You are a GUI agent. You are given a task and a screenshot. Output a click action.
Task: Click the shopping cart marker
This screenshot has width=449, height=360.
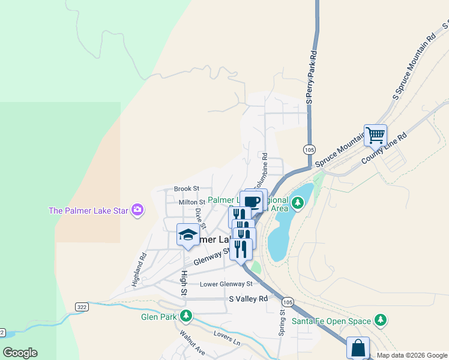(375, 135)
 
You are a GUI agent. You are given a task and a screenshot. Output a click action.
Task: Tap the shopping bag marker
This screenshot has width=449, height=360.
(358, 347)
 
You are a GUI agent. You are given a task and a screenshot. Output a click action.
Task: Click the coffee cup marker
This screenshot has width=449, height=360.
(252, 201)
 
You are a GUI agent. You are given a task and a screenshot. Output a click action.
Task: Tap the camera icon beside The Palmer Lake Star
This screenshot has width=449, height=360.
(138, 209)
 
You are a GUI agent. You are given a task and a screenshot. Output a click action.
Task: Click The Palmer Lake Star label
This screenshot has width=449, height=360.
(89, 210)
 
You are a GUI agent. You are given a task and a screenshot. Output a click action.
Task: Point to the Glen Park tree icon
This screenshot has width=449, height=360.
(187, 315)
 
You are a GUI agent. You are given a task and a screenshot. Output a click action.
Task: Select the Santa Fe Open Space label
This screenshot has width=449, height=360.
(331, 321)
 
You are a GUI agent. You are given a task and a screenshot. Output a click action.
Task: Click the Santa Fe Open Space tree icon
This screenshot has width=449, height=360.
(379, 320)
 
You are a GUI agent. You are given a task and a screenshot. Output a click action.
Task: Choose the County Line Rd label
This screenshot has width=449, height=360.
(384, 148)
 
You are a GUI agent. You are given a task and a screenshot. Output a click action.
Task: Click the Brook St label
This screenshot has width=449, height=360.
(186, 188)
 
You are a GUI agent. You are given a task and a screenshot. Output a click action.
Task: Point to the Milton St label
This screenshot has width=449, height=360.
(192, 202)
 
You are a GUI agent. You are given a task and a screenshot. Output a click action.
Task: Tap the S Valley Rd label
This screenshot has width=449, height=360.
(248, 298)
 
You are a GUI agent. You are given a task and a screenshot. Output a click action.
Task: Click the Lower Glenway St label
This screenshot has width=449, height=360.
(226, 284)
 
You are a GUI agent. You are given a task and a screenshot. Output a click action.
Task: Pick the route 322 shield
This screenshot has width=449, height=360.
(82, 307)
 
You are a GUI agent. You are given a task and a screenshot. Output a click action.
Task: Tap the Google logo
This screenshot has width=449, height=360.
(20, 353)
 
